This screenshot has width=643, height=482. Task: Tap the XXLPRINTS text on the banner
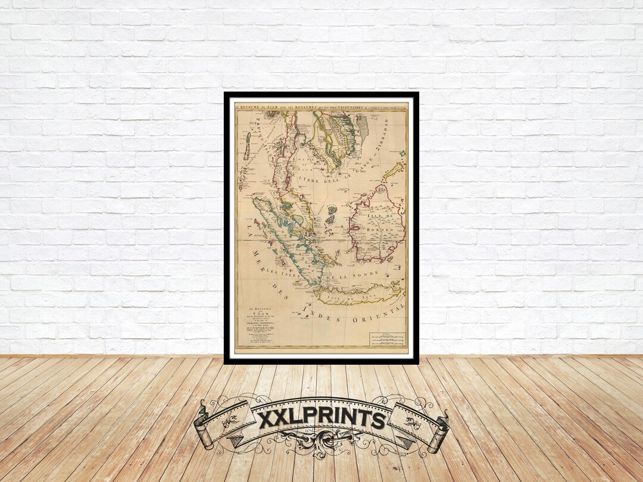(x=321, y=418)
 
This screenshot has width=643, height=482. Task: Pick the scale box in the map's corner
(x=386, y=339)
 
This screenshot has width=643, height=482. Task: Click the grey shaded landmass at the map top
(x=362, y=128)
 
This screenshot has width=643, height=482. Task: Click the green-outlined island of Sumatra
(x=286, y=238)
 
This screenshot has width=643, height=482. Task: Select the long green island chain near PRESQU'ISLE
(x=246, y=146)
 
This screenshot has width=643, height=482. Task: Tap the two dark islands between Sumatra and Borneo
(x=331, y=217)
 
